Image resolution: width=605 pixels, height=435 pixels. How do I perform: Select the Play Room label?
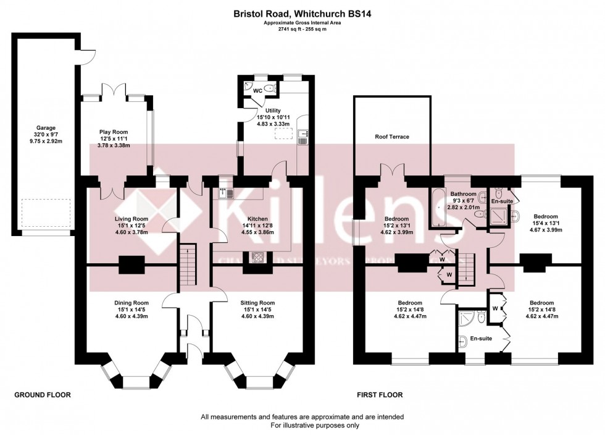[113, 131]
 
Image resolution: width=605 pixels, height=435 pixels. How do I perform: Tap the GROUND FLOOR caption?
[42, 394]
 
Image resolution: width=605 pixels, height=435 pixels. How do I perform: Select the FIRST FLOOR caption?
[380, 394]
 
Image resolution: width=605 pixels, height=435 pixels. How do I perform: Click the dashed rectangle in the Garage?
[44, 214]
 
